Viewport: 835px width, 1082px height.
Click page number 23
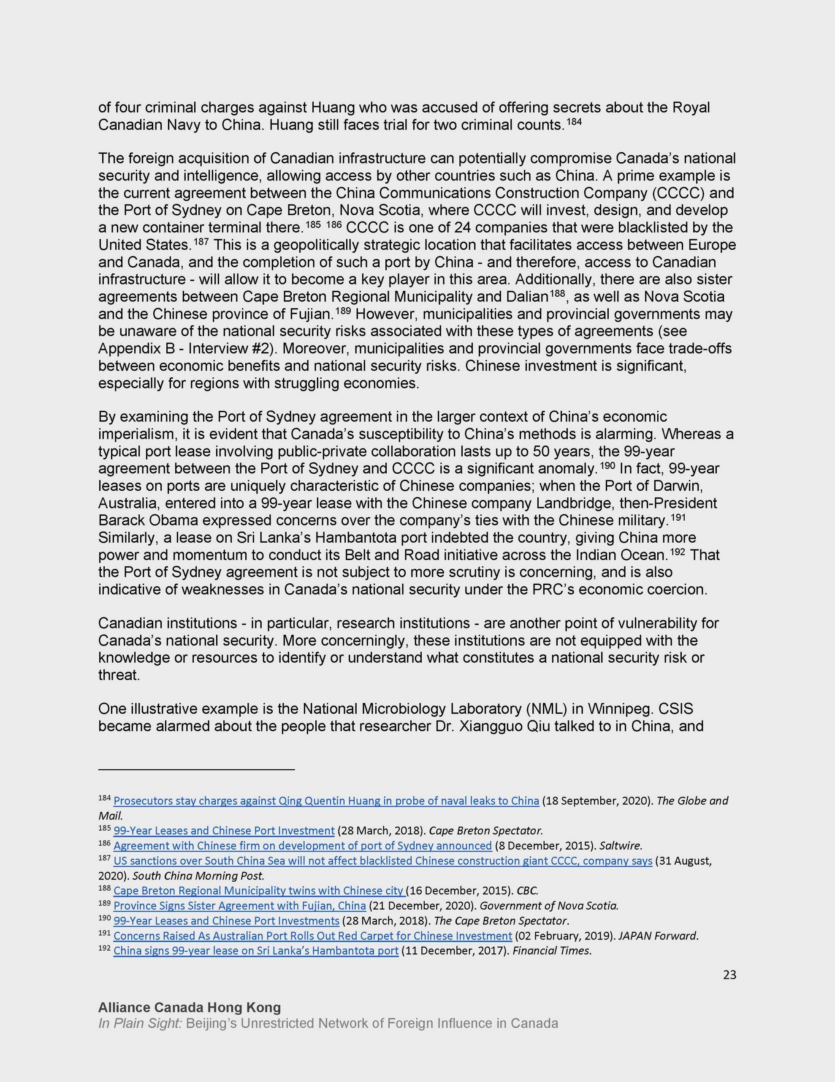coord(729,975)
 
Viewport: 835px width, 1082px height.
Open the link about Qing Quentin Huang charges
coord(326,801)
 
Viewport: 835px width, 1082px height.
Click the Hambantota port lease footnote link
coord(256,951)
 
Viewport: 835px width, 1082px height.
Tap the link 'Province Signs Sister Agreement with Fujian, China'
coord(239,906)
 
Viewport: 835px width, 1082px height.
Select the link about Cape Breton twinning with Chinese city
coord(258,890)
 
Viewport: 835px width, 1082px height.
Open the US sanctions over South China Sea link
coord(382,861)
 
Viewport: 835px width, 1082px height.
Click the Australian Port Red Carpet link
coord(312,935)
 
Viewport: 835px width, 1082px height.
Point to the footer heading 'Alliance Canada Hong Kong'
coord(190,1007)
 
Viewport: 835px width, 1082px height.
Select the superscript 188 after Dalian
coord(556,294)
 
